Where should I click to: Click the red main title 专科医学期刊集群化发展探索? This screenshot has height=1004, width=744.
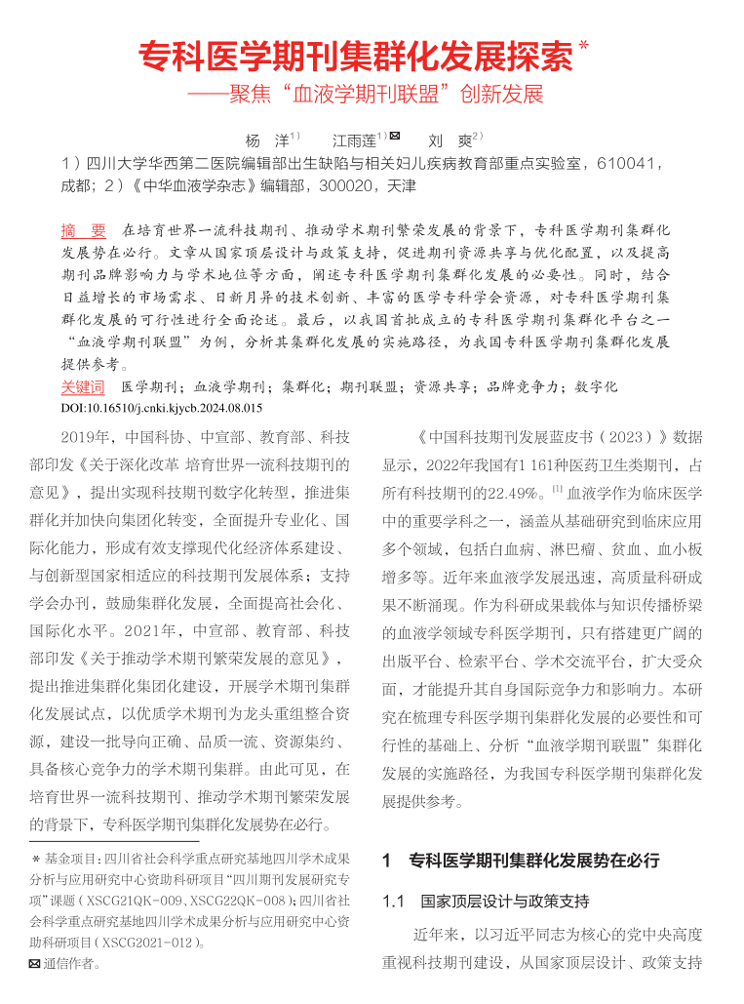point(356,57)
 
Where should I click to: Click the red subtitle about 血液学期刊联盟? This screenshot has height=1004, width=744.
point(366,96)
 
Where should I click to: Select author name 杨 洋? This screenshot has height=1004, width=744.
point(266,141)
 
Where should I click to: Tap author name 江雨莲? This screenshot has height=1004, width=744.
point(353,141)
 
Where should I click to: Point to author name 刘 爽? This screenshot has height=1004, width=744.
point(450,141)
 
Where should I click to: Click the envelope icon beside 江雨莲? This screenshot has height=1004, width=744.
point(395,137)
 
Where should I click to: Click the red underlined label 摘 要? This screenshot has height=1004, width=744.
point(83,231)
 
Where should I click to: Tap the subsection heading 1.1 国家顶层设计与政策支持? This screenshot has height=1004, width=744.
point(486,901)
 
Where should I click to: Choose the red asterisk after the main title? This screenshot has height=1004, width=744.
point(584,45)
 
